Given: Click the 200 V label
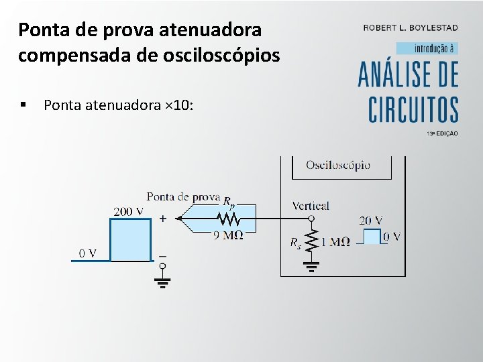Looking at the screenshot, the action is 128,212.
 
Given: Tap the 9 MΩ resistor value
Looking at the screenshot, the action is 229,235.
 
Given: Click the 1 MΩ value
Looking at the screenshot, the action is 335,243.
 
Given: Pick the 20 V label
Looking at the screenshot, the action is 370,220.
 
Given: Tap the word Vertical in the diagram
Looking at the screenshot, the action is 311,206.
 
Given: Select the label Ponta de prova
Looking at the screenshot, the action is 183,196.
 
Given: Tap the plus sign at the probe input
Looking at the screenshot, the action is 163,219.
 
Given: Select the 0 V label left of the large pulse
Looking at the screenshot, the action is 87,253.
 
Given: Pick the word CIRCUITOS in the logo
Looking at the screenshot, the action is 413,109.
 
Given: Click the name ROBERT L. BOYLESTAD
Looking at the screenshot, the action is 411,27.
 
